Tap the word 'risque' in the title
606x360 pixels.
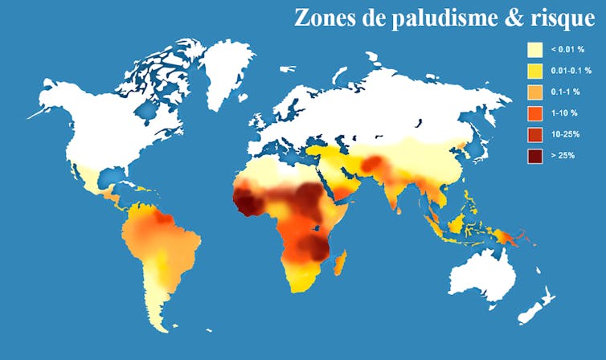[560, 18]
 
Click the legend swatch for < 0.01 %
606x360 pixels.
[534, 50]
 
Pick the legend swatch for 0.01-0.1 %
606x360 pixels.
[534, 72]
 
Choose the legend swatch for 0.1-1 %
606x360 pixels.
[534, 92]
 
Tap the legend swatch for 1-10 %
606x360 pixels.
[534, 113]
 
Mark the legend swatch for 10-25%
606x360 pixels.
[534, 134]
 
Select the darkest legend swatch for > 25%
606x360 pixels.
[534, 155]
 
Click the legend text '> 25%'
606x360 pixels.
[562, 155]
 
